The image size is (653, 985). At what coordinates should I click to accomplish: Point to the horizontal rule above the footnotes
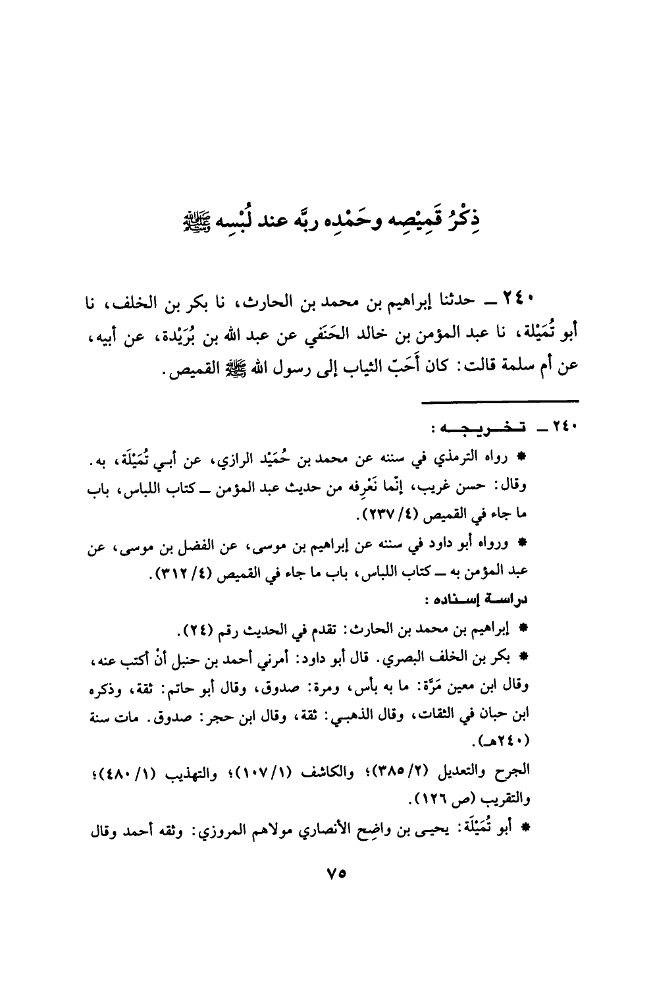point(500,400)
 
